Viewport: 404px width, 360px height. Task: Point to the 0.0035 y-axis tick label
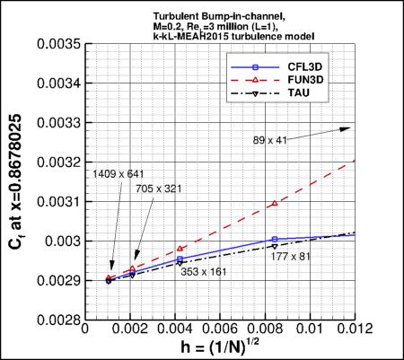57,43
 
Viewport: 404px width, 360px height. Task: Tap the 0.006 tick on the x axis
225,329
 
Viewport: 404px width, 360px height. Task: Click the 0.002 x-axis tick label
131,329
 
